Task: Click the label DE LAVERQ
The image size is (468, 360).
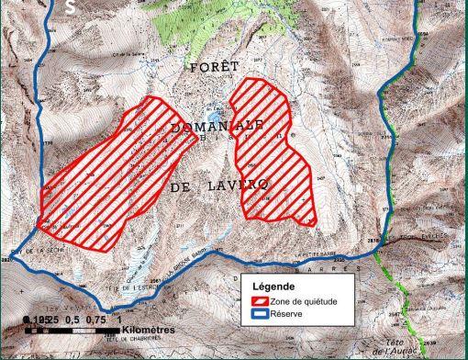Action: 218,186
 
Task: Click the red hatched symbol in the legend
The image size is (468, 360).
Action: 262,300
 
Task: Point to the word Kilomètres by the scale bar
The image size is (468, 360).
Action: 148,328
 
